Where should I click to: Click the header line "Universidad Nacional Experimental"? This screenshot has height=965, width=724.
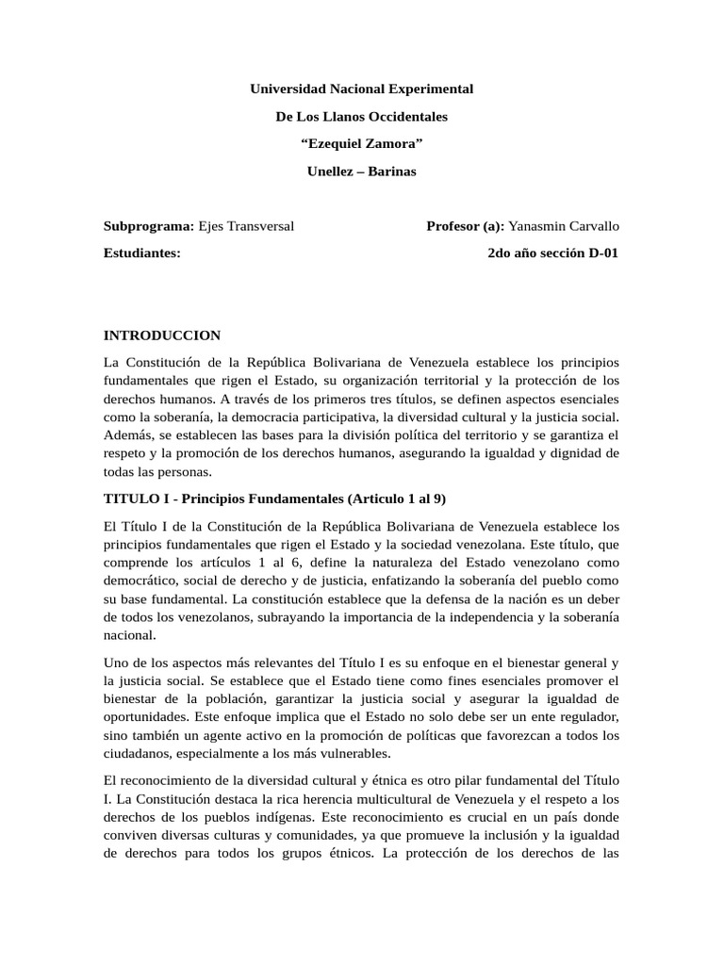[x=361, y=89]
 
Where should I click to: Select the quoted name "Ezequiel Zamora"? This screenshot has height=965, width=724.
[x=361, y=144]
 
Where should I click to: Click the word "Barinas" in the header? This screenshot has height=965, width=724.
[x=391, y=172]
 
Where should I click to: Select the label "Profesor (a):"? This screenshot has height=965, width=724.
[x=466, y=226]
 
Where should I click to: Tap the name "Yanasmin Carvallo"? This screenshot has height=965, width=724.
[x=564, y=226]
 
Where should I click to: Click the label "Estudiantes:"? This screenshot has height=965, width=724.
[x=141, y=254]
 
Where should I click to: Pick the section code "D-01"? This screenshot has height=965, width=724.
[x=601, y=254]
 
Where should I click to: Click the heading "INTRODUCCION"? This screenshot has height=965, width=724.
[x=161, y=335]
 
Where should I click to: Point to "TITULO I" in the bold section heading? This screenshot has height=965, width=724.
[x=134, y=499]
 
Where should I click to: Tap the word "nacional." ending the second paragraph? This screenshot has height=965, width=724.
[x=130, y=635]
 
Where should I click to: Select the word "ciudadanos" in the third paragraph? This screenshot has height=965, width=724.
[x=140, y=754]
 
